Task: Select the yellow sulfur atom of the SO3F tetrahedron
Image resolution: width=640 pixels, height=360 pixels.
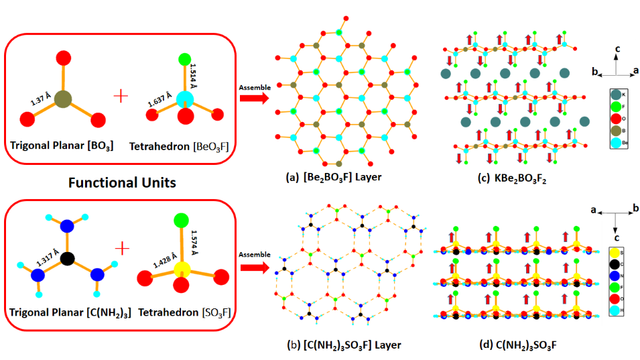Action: point(179,269)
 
